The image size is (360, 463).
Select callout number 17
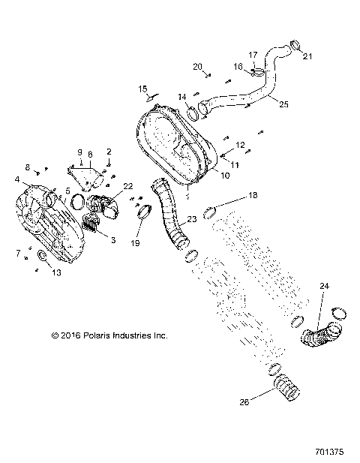click(x=253, y=55)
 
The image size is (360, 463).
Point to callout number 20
click(x=198, y=67)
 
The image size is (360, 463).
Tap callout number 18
click(x=253, y=196)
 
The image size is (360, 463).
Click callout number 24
click(x=324, y=286)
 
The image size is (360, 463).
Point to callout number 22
click(x=128, y=186)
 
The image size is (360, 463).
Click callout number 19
click(x=136, y=243)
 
